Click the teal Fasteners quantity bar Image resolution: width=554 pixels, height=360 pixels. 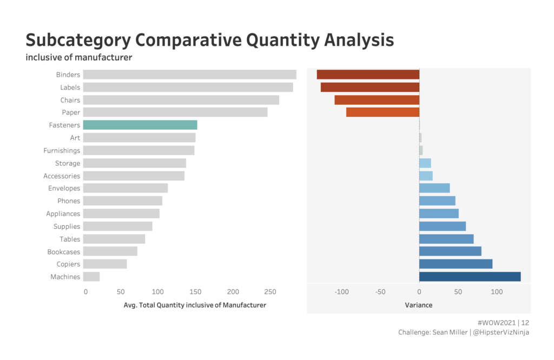point(140,125)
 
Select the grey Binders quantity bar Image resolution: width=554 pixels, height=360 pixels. point(189,75)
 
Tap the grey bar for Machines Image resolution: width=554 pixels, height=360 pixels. point(91,277)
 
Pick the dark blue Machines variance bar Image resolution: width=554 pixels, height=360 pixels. point(470,277)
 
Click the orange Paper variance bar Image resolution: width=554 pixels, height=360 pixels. point(382,112)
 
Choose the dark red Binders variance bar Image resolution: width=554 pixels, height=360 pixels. point(368,75)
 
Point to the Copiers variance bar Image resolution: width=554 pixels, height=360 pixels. point(456,264)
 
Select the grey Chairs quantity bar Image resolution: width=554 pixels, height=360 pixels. point(181,100)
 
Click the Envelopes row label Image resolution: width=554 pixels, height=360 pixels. point(64,188)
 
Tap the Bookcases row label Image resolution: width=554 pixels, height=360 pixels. point(63,252)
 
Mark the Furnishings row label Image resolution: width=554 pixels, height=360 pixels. point(62,150)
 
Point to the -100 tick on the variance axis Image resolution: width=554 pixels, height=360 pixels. point(342,292)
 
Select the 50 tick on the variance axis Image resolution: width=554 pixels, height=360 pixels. point(458,292)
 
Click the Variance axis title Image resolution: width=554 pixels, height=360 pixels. point(419,305)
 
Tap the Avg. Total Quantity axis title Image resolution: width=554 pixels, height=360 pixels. point(195,305)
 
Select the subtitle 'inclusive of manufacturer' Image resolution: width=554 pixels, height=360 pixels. point(79,57)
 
